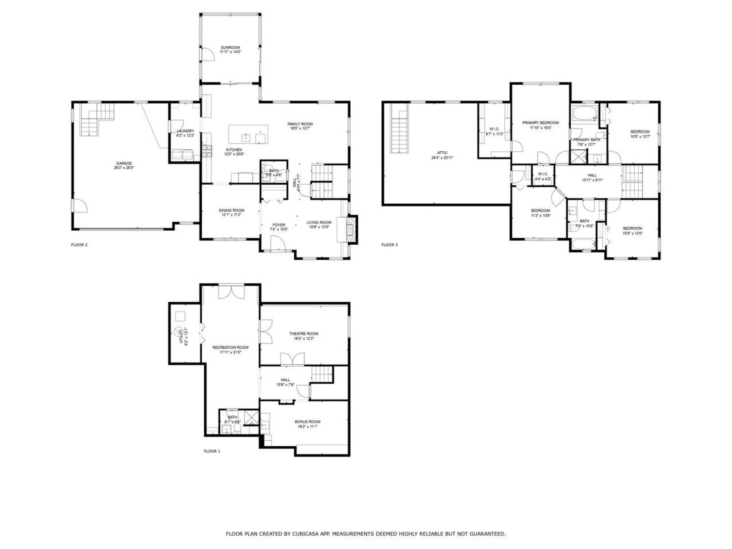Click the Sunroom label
click(230, 48)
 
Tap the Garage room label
click(124, 163)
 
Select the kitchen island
click(248, 134)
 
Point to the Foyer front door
click(278, 244)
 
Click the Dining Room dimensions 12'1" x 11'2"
click(231, 215)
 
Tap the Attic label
click(442, 153)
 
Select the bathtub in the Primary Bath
click(584, 114)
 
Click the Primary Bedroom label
click(540, 123)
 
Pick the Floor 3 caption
click(389, 245)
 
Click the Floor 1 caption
click(212, 451)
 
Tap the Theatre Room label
click(303, 334)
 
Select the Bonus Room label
click(307, 422)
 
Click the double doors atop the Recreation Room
click(231, 292)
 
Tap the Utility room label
click(181, 336)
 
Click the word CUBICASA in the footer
click(308, 534)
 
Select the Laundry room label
click(185, 131)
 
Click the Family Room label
click(300, 124)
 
